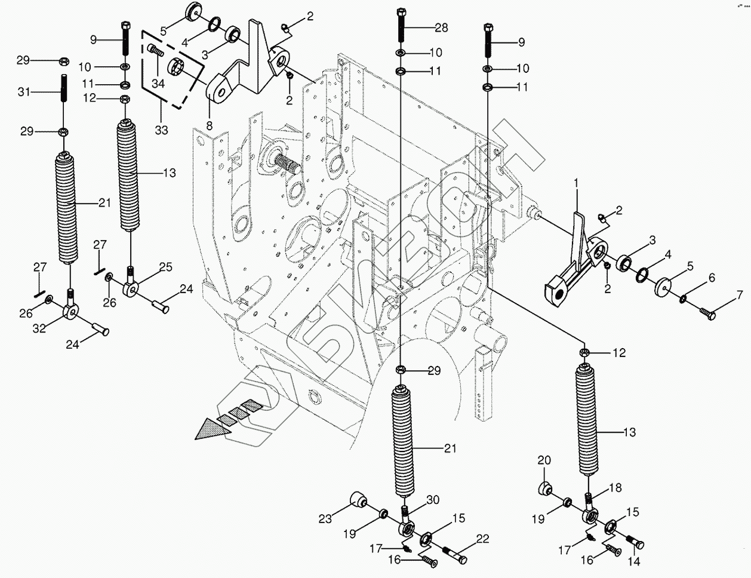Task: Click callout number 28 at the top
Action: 441,27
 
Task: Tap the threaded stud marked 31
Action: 63,93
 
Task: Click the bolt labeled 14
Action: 636,543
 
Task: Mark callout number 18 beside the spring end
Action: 615,488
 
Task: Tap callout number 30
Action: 432,500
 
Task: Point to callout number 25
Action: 165,266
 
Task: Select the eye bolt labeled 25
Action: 131,289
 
